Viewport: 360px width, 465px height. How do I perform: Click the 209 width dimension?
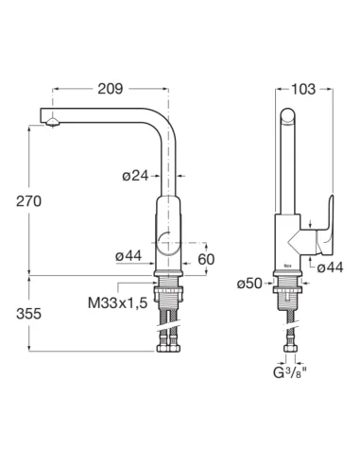[x=111, y=89]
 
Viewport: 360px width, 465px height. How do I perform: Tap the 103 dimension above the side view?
[x=303, y=89]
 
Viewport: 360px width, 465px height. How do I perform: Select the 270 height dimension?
[x=28, y=201]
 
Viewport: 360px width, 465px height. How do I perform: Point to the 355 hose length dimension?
[x=28, y=314]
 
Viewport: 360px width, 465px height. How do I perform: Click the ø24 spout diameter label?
[x=135, y=176]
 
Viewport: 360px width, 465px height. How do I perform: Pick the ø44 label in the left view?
[x=129, y=256]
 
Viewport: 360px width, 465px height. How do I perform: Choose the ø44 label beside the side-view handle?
[x=330, y=267]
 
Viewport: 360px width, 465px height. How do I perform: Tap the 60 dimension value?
[x=206, y=259]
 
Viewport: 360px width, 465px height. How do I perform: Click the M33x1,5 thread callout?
[x=117, y=303]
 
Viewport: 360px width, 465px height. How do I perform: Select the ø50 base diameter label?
[x=249, y=284]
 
